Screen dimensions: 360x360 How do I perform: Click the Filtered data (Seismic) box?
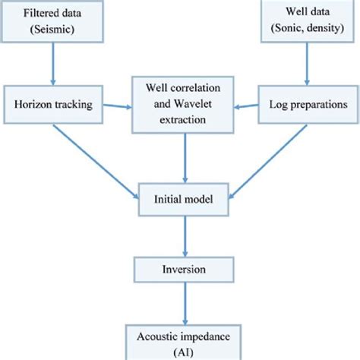[52, 21]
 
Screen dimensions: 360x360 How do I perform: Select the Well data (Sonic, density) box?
[307, 21]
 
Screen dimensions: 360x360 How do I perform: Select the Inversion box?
[180, 270]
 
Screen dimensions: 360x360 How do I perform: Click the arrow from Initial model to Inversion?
[180, 237]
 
